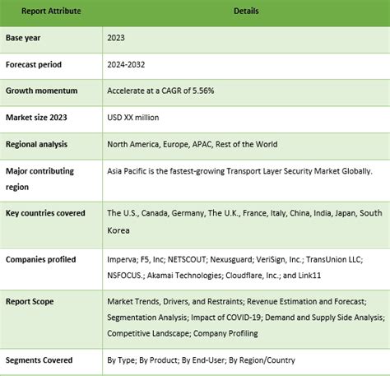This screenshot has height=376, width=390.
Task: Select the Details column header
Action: click(244, 12)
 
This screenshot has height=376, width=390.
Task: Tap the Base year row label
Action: click(26, 38)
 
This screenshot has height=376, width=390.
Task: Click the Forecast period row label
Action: click(34, 64)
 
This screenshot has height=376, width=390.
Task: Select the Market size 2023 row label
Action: click(37, 117)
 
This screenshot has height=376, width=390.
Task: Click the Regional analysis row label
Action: click(38, 144)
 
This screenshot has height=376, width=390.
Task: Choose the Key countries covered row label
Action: click(45, 213)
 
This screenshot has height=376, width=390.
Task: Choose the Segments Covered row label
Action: click(39, 360)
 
